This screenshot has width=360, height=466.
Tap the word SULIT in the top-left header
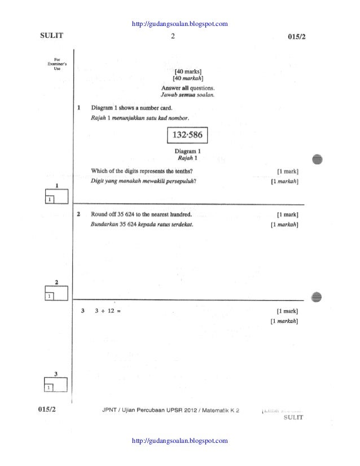[51, 37]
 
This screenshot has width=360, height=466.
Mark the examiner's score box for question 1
[56, 196]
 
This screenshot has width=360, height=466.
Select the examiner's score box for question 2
[56, 293]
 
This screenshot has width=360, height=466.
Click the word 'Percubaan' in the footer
[149, 410]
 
